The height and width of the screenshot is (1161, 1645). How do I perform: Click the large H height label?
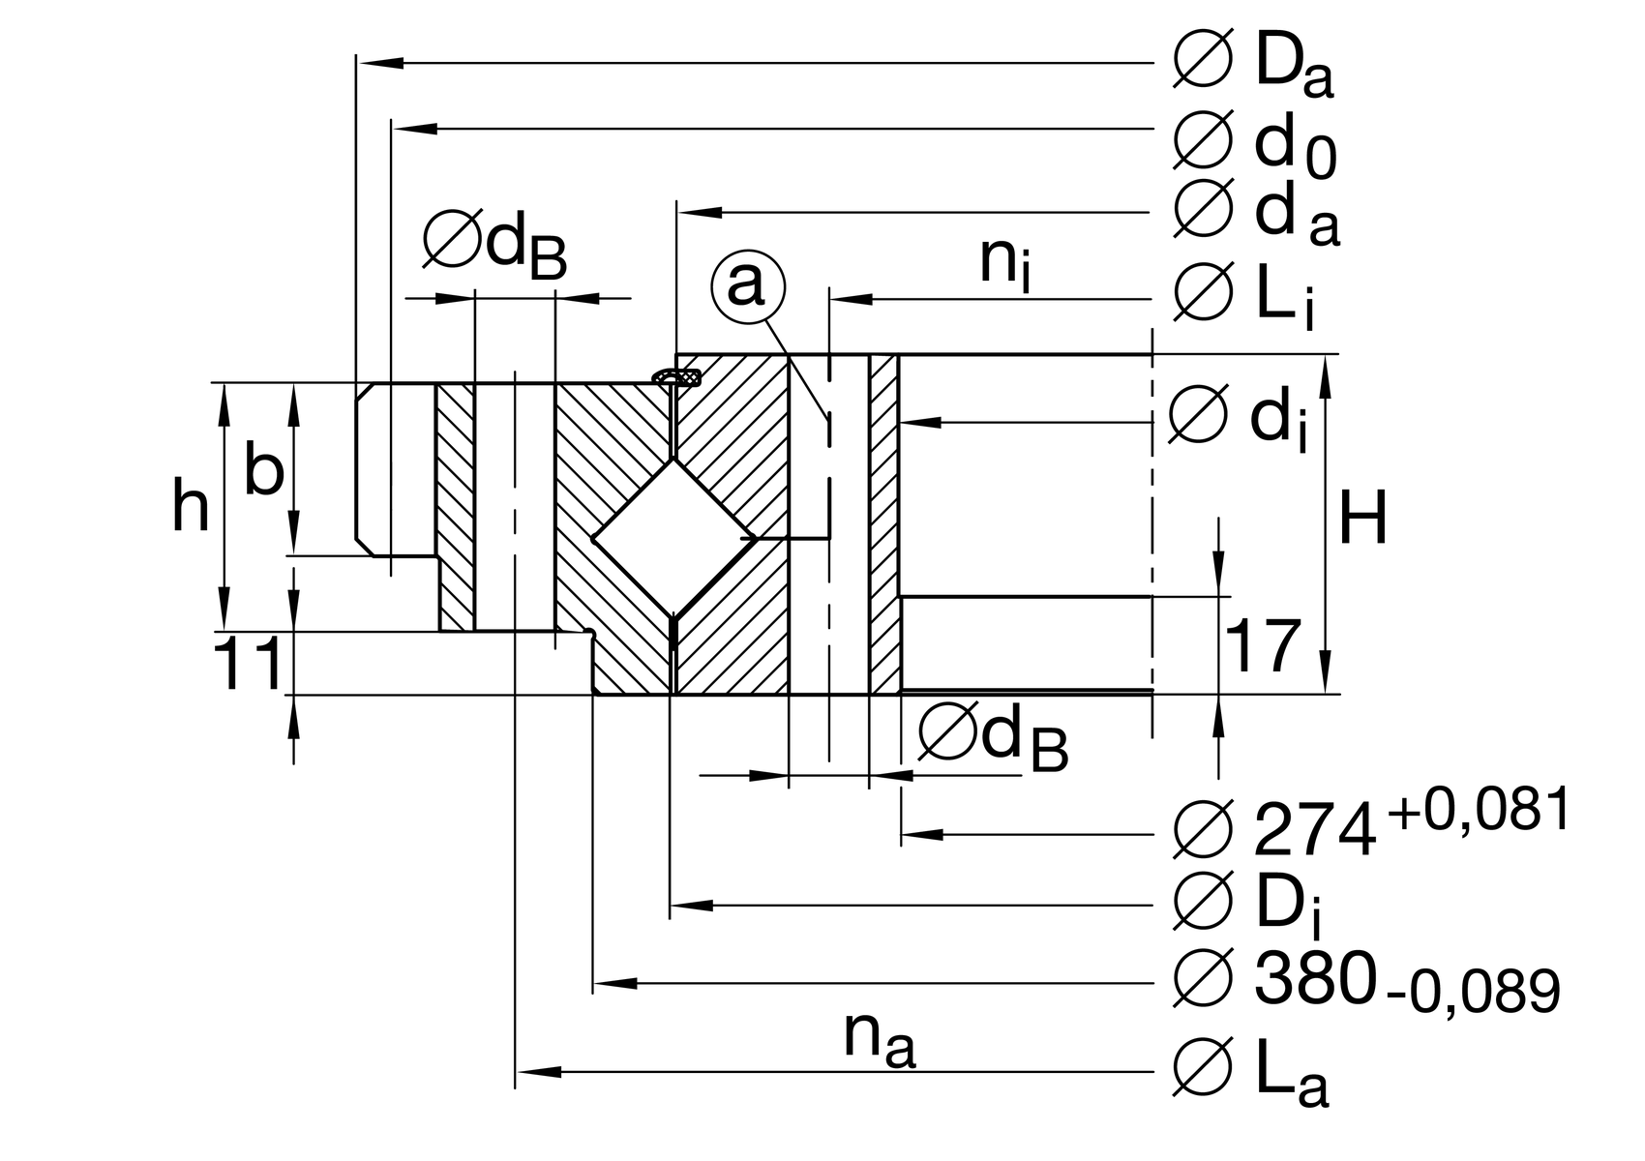pos(1363,520)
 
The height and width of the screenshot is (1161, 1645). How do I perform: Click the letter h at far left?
pos(191,507)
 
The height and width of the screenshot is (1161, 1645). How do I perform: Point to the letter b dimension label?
pos(263,471)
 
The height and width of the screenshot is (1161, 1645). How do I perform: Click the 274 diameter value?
pos(1314,830)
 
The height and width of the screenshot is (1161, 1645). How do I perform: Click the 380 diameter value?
pos(1314,978)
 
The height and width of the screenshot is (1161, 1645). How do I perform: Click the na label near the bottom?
pos(879,1041)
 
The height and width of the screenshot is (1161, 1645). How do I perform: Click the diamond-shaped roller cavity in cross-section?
pos(674,537)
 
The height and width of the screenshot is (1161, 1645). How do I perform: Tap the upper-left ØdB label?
pos(494,245)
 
